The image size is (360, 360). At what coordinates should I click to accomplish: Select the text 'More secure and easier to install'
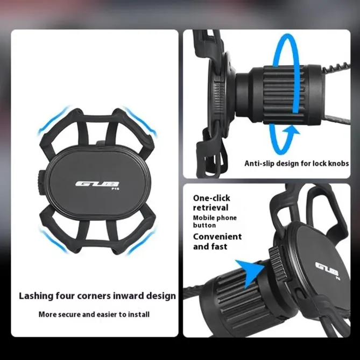(x=94, y=314)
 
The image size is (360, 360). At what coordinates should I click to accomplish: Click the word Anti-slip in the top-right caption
(x=261, y=163)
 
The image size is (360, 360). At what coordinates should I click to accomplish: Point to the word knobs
(x=337, y=163)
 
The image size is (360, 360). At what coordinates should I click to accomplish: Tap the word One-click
(x=213, y=197)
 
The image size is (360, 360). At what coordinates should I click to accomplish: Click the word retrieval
(x=211, y=208)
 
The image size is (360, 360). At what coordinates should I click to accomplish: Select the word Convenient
(x=217, y=236)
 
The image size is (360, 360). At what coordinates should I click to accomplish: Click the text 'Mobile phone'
(x=215, y=218)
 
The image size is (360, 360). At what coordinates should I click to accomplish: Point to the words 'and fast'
(x=210, y=246)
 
